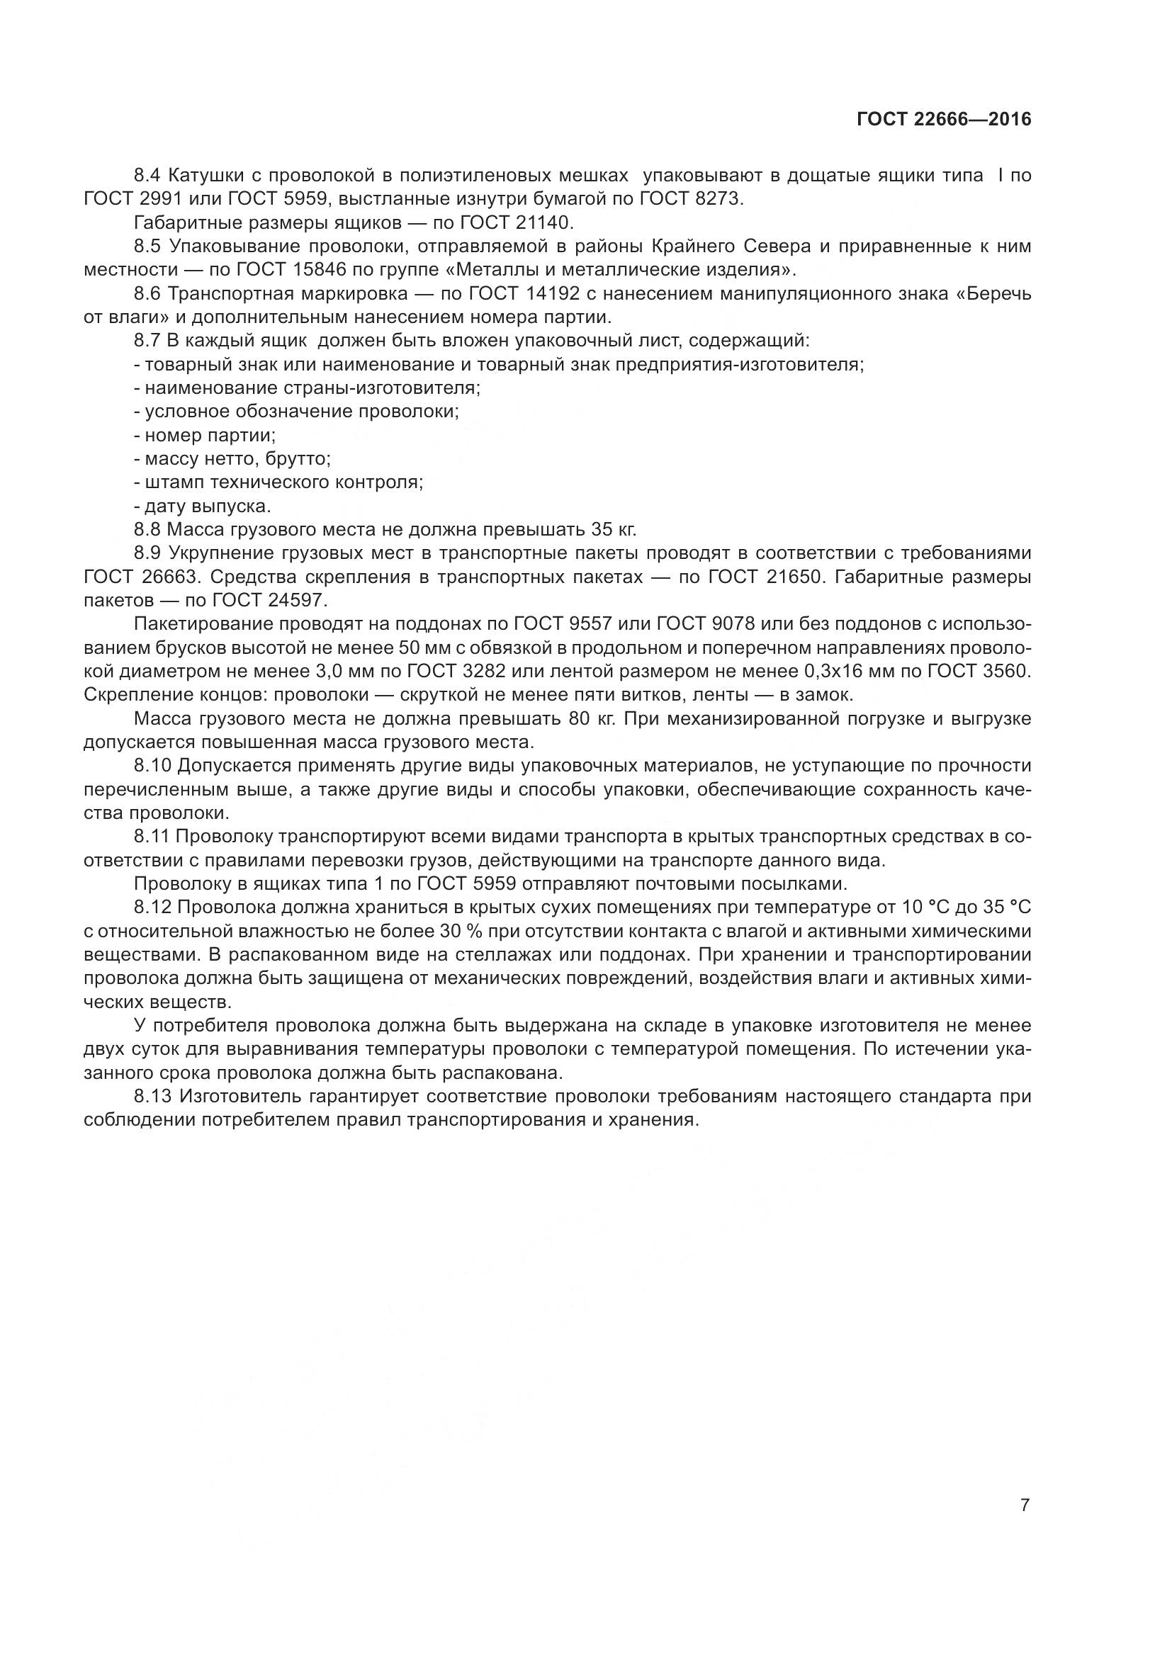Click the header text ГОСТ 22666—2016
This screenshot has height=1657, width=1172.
(x=944, y=120)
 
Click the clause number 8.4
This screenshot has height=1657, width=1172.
(x=148, y=176)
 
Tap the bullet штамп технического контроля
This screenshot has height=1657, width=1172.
(x=278, y=482)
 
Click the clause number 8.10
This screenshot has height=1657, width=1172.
(x=153, y=765)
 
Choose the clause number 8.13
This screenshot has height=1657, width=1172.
(x=153, y=1097)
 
